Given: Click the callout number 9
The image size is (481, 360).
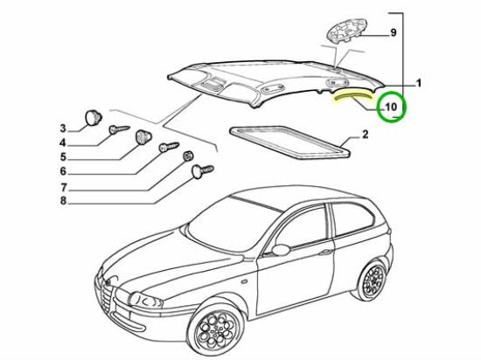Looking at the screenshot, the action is click(394, 32).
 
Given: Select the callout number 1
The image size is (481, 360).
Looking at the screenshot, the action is click(418, 83).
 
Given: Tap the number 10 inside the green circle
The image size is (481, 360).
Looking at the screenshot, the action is click(391, 107).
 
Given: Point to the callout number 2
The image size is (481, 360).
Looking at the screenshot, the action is click(365, 135).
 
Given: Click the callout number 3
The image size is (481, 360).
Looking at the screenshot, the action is click(63, 128).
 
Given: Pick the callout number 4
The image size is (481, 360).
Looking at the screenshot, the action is click(63, 142).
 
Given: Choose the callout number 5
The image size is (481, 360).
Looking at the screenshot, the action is click(63, 157).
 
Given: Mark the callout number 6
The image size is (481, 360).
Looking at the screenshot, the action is click(63, 171).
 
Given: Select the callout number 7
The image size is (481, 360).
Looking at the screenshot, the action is click(63, 187).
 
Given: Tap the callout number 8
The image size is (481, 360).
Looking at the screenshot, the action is click(63, 201).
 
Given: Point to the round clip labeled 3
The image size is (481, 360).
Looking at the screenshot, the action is click(93, 118).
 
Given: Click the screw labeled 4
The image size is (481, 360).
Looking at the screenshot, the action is click(120, 129).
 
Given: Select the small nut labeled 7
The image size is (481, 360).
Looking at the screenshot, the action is click(188, 156).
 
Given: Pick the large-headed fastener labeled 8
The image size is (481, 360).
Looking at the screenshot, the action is click(202, 171).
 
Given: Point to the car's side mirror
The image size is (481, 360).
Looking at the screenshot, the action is click(281, 250).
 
